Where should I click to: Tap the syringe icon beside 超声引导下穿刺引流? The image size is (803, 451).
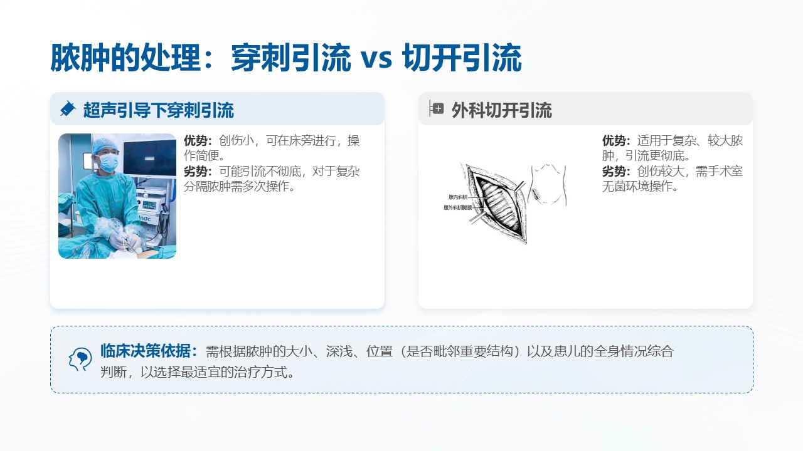67,109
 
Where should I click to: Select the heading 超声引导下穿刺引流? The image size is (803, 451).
159,110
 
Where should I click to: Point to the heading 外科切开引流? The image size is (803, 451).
502,111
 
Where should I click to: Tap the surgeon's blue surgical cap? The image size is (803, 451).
104,145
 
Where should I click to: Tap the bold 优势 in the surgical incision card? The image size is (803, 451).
615,141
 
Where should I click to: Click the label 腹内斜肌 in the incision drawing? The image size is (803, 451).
458,197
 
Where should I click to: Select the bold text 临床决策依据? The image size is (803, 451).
148,351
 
